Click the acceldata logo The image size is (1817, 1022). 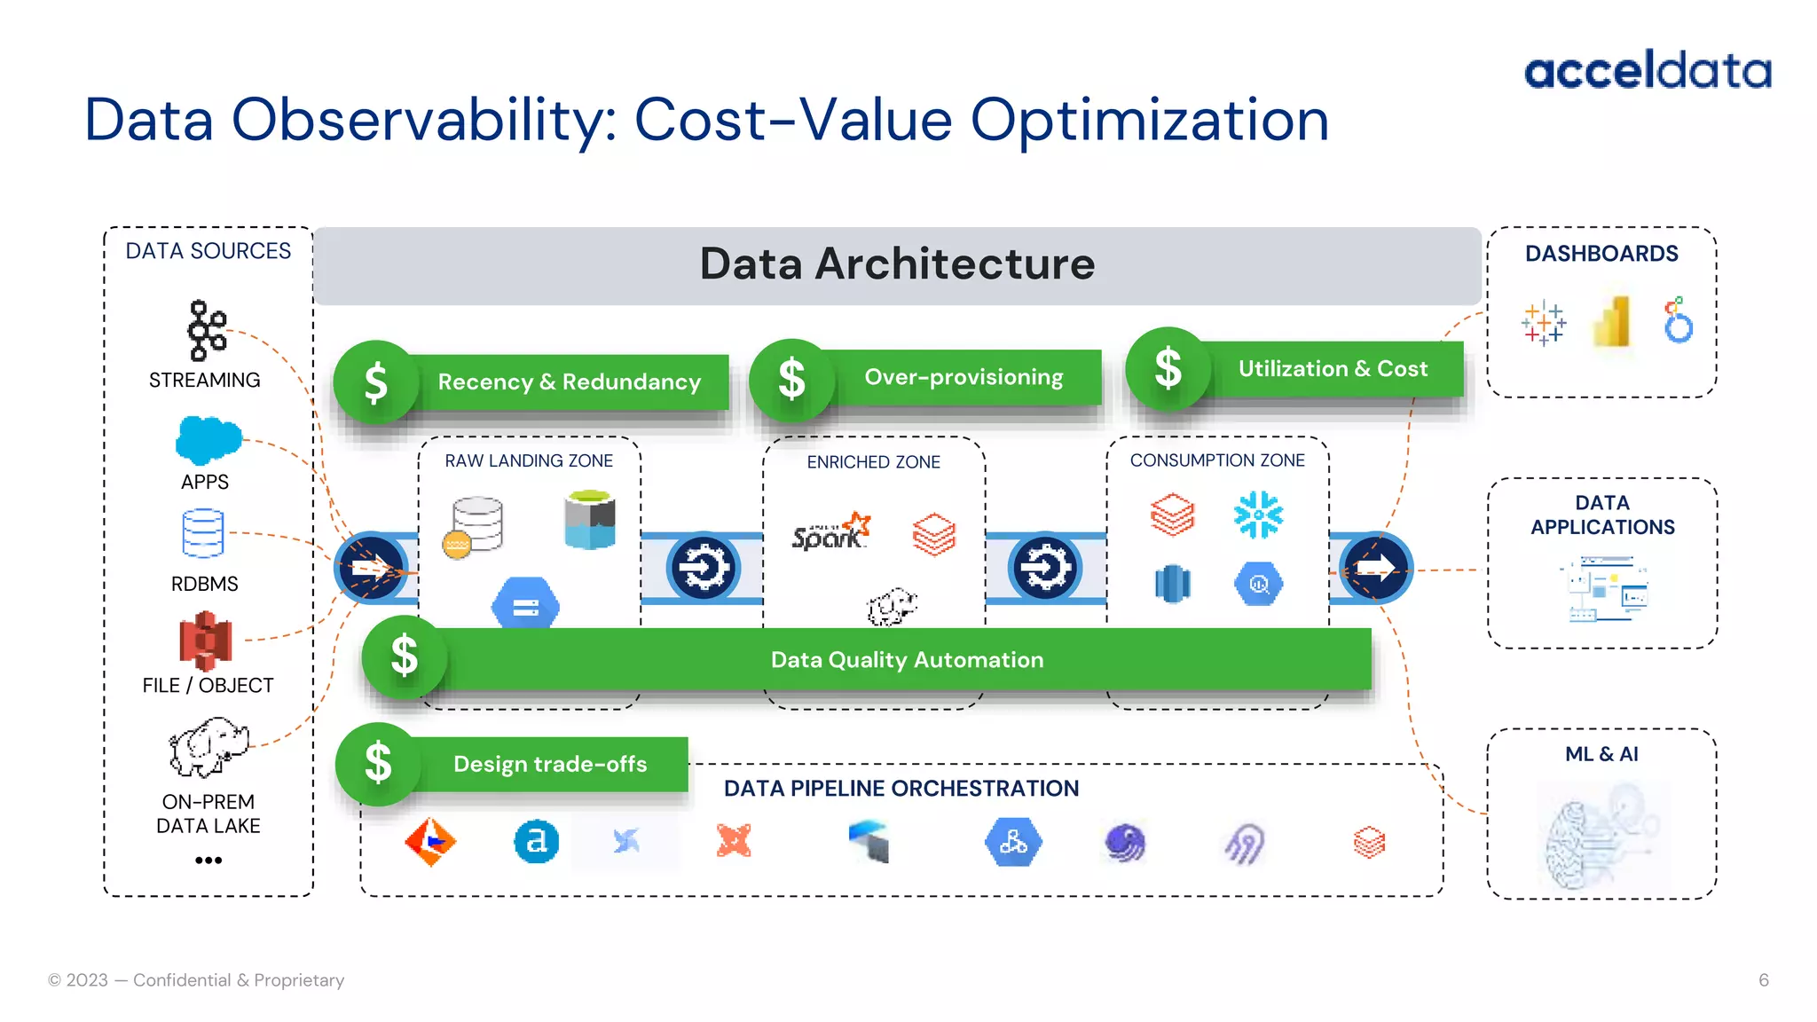pyautogui.click(x=1647, y=70)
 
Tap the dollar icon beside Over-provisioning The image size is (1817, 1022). pyautogui.click(x=791, y=380)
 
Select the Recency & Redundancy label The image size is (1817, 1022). pyautogui.click(x=569, y=381)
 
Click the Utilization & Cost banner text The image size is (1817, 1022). pyautogui.click(x=1333, y=368)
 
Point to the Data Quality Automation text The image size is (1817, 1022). pyautogui.click(x=907, y=659)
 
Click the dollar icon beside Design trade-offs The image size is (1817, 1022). pyautogui.click(x=378, y=763)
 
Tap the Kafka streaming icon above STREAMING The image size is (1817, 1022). pyautogui.click(x=207, y=330)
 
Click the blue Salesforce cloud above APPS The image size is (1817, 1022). pyautogui.click(x=208, y=439)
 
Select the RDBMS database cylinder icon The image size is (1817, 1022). pyautogui.click(x=203, y=533)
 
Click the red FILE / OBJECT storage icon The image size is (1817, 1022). pyautogui.click(x=205, y=640)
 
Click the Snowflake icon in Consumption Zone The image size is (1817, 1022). pyautogui.click(x=1258, y=515)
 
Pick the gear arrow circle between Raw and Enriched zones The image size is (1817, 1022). pyautogui.click(x=703, y=568)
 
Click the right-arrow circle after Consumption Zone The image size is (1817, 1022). pyautogui.click(x=1375, y=568)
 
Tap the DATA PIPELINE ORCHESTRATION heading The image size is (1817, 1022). pyautogui.click(x=901, y=788)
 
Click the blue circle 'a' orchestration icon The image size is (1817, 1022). pyautogui.click(x=536, y=840)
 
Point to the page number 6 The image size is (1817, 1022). pyautogui.click(x=1763, y=979)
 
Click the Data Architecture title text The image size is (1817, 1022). pyautogui.click(x=897, y=263)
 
